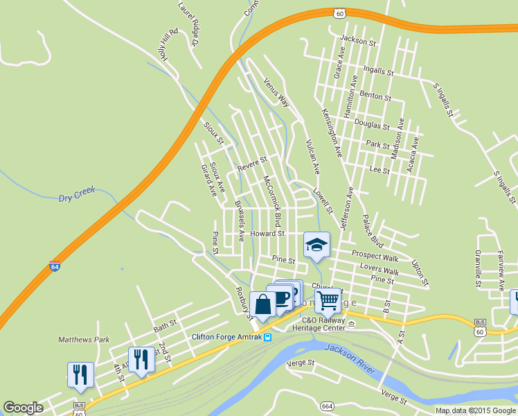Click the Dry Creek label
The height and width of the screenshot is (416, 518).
[75, 197]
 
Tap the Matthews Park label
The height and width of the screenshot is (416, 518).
[84, 340]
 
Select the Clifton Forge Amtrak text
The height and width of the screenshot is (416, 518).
[226, 337]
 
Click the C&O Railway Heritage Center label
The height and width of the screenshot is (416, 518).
[324, 323]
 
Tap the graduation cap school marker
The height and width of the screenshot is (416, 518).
[316, 245]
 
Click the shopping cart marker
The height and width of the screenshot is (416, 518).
[328, 301]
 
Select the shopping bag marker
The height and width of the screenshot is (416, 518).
[263, 304]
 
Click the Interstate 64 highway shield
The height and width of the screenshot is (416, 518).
[55, 266]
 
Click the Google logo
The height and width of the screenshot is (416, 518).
[23, 408]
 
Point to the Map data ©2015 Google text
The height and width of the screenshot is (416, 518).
[476, 410]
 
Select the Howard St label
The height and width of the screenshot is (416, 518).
[267, 234]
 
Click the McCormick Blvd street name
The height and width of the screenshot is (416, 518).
[271, 202]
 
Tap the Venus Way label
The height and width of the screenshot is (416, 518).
[276, 92]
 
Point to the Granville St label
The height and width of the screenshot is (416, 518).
[478, 269]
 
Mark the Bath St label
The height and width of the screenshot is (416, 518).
[166, 323]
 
